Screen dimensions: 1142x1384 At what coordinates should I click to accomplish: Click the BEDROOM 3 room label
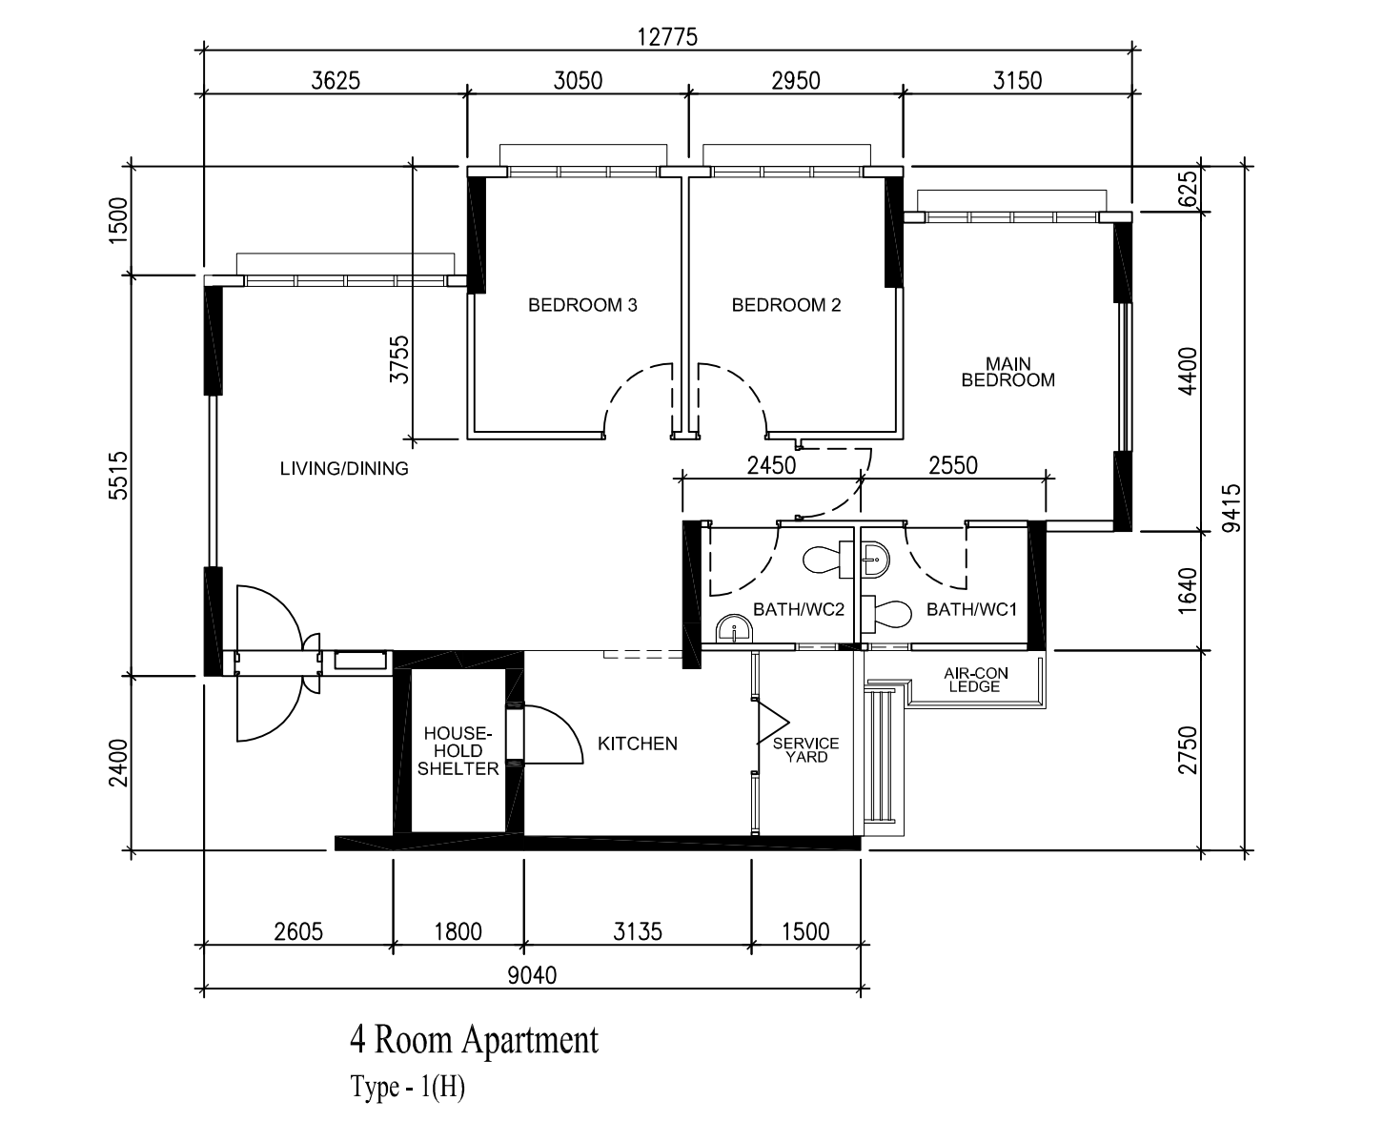coord(582,305)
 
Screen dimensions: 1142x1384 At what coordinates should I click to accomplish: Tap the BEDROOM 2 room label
coord(786,305)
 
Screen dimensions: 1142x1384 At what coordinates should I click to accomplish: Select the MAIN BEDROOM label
coord(1007,372)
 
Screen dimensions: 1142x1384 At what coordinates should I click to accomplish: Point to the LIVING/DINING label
coord(344,468)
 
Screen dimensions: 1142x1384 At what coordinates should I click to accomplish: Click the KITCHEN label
coord(638,744)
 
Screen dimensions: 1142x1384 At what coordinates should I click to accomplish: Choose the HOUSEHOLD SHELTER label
coord(458,751)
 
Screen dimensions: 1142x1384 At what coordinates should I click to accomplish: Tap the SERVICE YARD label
coord(806,749)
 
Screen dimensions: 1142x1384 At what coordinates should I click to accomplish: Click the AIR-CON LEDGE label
coord(975,680)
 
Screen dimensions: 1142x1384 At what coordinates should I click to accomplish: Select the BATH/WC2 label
coord(799,609)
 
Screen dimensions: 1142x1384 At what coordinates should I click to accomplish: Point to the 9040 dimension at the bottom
coord(532,975)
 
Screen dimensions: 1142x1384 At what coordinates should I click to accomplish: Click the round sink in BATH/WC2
coord(734,629)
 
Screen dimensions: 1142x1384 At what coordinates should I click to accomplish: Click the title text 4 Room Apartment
coord(474,1040)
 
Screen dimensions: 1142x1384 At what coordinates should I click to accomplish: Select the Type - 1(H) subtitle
coord(407,1088)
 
